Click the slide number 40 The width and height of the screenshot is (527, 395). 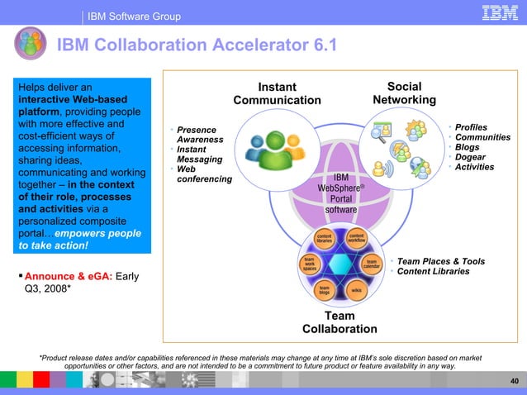click(x=515, y=381)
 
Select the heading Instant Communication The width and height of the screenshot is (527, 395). click(x=276, y=93)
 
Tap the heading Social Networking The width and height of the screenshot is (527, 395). click(x=404, y=93)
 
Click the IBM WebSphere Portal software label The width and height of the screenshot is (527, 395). click(x=340, y=193)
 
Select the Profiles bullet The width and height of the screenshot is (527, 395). click(x=472, y=127)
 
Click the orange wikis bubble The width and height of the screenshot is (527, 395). click(x=356, y=290)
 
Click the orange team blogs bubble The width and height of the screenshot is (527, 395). click(x=325, y=290)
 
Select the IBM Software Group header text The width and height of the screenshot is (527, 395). click(x=134, y=17)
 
